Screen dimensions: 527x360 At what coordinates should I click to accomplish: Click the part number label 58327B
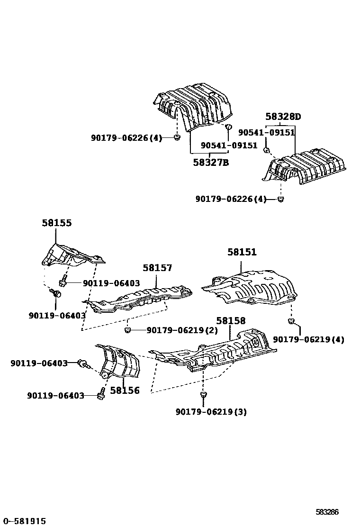point(211,163)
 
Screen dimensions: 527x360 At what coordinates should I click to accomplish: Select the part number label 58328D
point(283,117)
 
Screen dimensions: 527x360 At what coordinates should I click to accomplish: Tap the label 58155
point(56,223)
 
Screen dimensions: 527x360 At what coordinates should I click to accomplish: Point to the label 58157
point(157,268)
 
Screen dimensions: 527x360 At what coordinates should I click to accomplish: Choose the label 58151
point(242,253)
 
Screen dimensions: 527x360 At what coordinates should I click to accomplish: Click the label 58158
point(231,321)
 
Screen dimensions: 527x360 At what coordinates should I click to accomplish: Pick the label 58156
point(125,391)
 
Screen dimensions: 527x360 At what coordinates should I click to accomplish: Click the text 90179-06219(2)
point(182,330)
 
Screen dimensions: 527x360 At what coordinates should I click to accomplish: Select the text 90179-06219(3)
point(211,411)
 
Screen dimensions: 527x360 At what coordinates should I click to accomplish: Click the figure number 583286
point(327,512)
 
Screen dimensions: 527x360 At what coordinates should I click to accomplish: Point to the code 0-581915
point(23,521)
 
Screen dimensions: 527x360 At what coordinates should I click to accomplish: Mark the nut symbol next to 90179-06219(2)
point(127,329)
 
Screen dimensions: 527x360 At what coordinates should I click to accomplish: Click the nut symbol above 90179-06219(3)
point(203,394)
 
